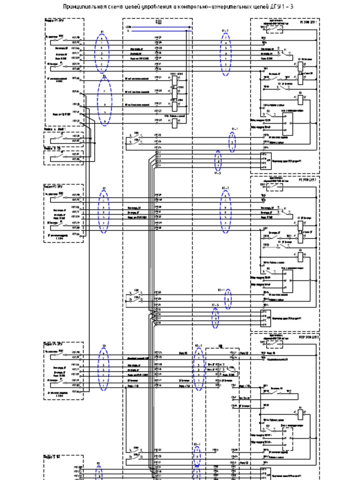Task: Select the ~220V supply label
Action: tap(129, 27)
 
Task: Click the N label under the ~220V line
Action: tap(128, 31)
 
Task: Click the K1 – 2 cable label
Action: tap(225, 31)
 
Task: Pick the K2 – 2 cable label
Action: tap(225, 188)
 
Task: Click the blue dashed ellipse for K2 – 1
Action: tap(228, 299)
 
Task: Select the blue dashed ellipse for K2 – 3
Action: tap(216, 319)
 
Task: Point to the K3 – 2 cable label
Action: tap(199, 346)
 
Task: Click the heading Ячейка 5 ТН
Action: tap(52, 456)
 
